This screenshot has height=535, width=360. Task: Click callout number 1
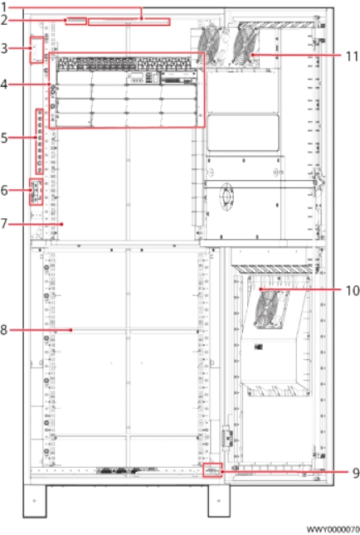coord(4,7)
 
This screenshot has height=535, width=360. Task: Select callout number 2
coord(4,20)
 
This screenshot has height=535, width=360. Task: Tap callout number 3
coord(4,48)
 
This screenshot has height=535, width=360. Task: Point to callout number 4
coord(4,85)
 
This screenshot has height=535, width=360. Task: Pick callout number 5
coord(4,138)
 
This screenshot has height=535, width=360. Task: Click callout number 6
coord(4,190)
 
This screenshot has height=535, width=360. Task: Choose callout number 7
coord(4,224)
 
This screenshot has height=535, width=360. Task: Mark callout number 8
coord(4,330)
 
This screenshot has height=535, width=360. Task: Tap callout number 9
coord(356,473)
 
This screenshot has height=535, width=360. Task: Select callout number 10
coord(353,290)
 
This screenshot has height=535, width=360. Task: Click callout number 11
coord(353,56)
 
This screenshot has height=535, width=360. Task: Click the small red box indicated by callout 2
coord(75,22)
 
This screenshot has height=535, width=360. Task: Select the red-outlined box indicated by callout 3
coord(36,50)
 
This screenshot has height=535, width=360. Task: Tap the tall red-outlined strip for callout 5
coord(40,142)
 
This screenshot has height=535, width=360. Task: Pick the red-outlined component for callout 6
coord(36,192)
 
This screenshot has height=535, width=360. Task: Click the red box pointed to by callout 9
coord(212,469)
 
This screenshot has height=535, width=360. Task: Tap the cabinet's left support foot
coord(35,500)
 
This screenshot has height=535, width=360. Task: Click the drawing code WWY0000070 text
coord(333,529)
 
